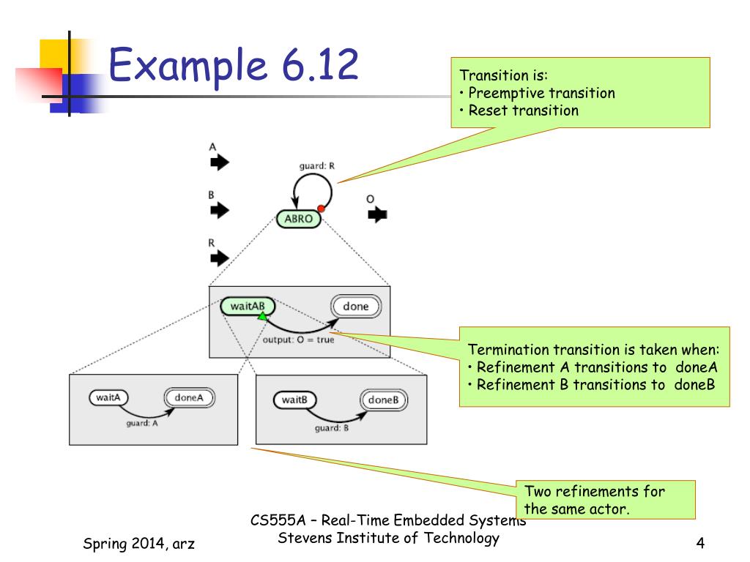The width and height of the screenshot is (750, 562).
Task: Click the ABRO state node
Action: point(299,219)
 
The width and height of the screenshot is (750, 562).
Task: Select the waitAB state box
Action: point(248,307)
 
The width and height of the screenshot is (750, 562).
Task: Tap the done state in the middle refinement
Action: point(356,307)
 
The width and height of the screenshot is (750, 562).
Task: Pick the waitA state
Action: point(108,397)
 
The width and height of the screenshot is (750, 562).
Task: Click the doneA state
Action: point(190,397)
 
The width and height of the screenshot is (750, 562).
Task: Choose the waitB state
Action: point(294,400)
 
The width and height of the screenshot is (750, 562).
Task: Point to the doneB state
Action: point(384,400)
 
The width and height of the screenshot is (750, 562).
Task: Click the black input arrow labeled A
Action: point(220,162)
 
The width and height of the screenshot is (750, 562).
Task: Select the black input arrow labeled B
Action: point(220,210)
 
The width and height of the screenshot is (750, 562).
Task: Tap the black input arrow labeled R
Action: point(220,258)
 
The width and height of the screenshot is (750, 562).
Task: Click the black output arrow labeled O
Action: point(377,214)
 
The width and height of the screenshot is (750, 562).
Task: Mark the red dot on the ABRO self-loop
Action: point(321,209)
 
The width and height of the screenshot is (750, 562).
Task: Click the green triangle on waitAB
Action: point(263,316)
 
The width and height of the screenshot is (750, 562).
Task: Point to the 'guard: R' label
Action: point(316,166)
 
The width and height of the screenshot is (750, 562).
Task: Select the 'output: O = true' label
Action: point(299,340)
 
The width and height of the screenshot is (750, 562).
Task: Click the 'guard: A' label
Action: point(142,424)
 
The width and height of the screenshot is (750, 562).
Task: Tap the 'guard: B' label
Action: point(332,428)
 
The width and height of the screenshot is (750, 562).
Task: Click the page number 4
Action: point(700,544)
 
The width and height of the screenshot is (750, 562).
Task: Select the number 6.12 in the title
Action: point(321,64)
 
